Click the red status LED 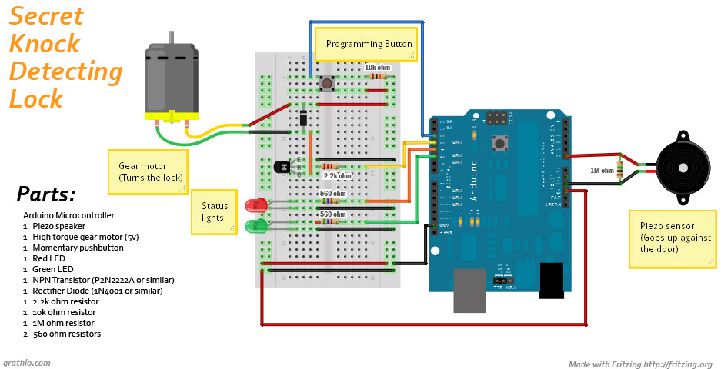[x=255, y=205]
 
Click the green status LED [x=255, y=226]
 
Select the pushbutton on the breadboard [x=325, y=83]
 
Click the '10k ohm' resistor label [x=377, y=68]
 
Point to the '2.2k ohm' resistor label [x=337, y=176]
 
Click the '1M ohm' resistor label [x=602, y=170]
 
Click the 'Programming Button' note [x=369, y=45]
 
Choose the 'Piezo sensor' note [x=672, y=238]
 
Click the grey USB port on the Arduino [x=469, y=290]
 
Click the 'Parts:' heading [x=45, y=194]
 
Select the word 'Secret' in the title [x=46, y=16]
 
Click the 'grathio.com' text [x=27, y=363]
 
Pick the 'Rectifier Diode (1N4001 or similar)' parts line [x=98, y=291]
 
